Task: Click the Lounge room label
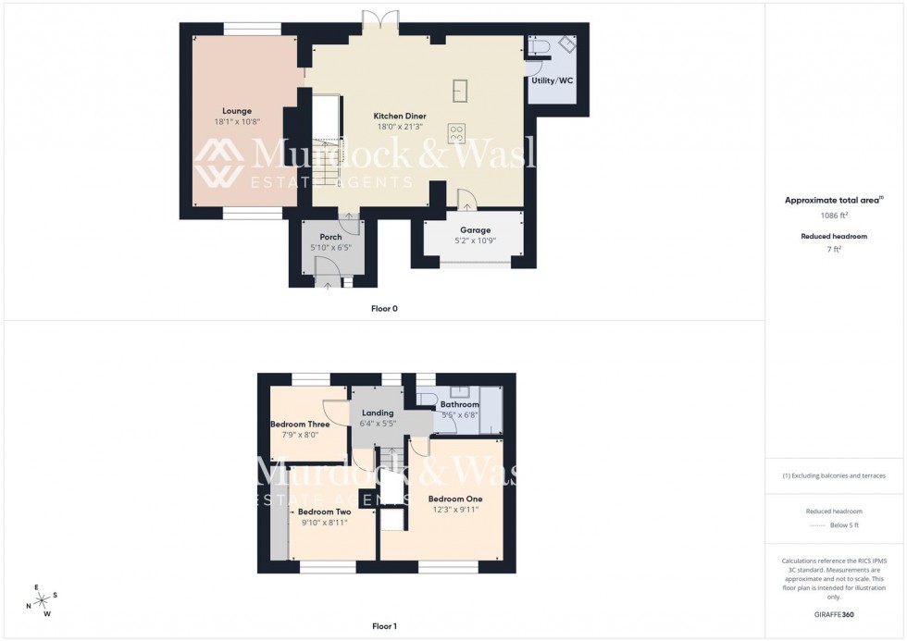[237, 111]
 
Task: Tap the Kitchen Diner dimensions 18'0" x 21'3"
[400, 127]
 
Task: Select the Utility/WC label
[552, 80]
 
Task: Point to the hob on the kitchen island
[456, 133]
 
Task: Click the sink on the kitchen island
[460, 90]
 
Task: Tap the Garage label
[476, 230]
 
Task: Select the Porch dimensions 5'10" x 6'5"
[330, 249]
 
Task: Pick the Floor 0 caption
[385, 308]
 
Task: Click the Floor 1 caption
[384, 626]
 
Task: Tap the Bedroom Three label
[300, 425]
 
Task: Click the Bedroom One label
[454, 499]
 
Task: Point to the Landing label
[378, 413]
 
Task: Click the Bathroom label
[459, 405]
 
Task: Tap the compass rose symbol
[43, 600]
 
